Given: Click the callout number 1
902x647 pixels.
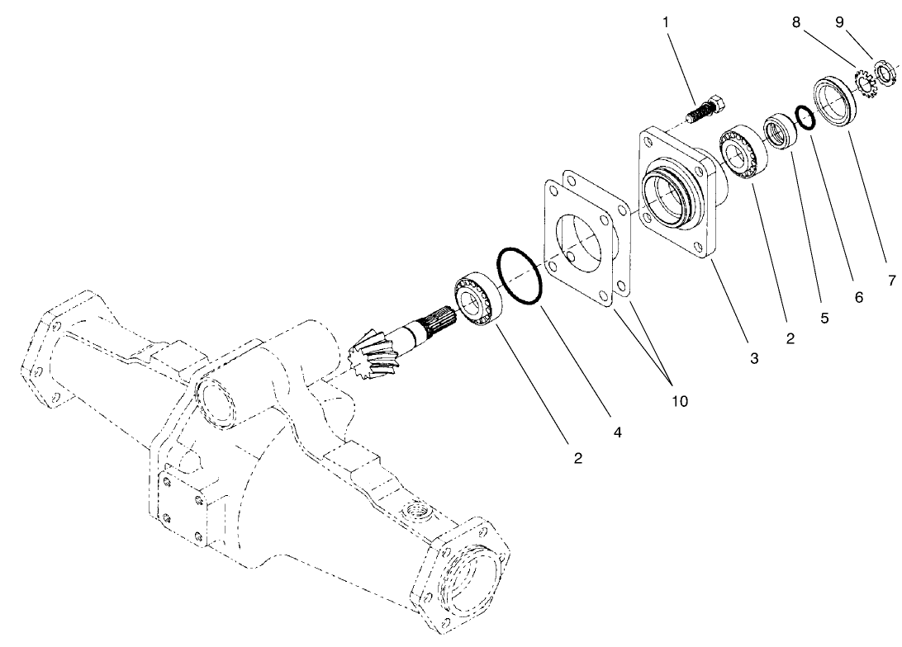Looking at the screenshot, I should [666, 22].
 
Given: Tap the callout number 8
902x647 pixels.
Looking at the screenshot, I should [796, 22].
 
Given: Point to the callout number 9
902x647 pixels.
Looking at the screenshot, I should [839, 22].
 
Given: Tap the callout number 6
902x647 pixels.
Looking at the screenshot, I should [859, 296].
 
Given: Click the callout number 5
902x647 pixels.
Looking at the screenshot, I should [824, 317].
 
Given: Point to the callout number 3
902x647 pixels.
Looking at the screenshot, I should [752, 358].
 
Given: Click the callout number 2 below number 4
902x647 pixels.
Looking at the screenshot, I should [578, 457].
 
